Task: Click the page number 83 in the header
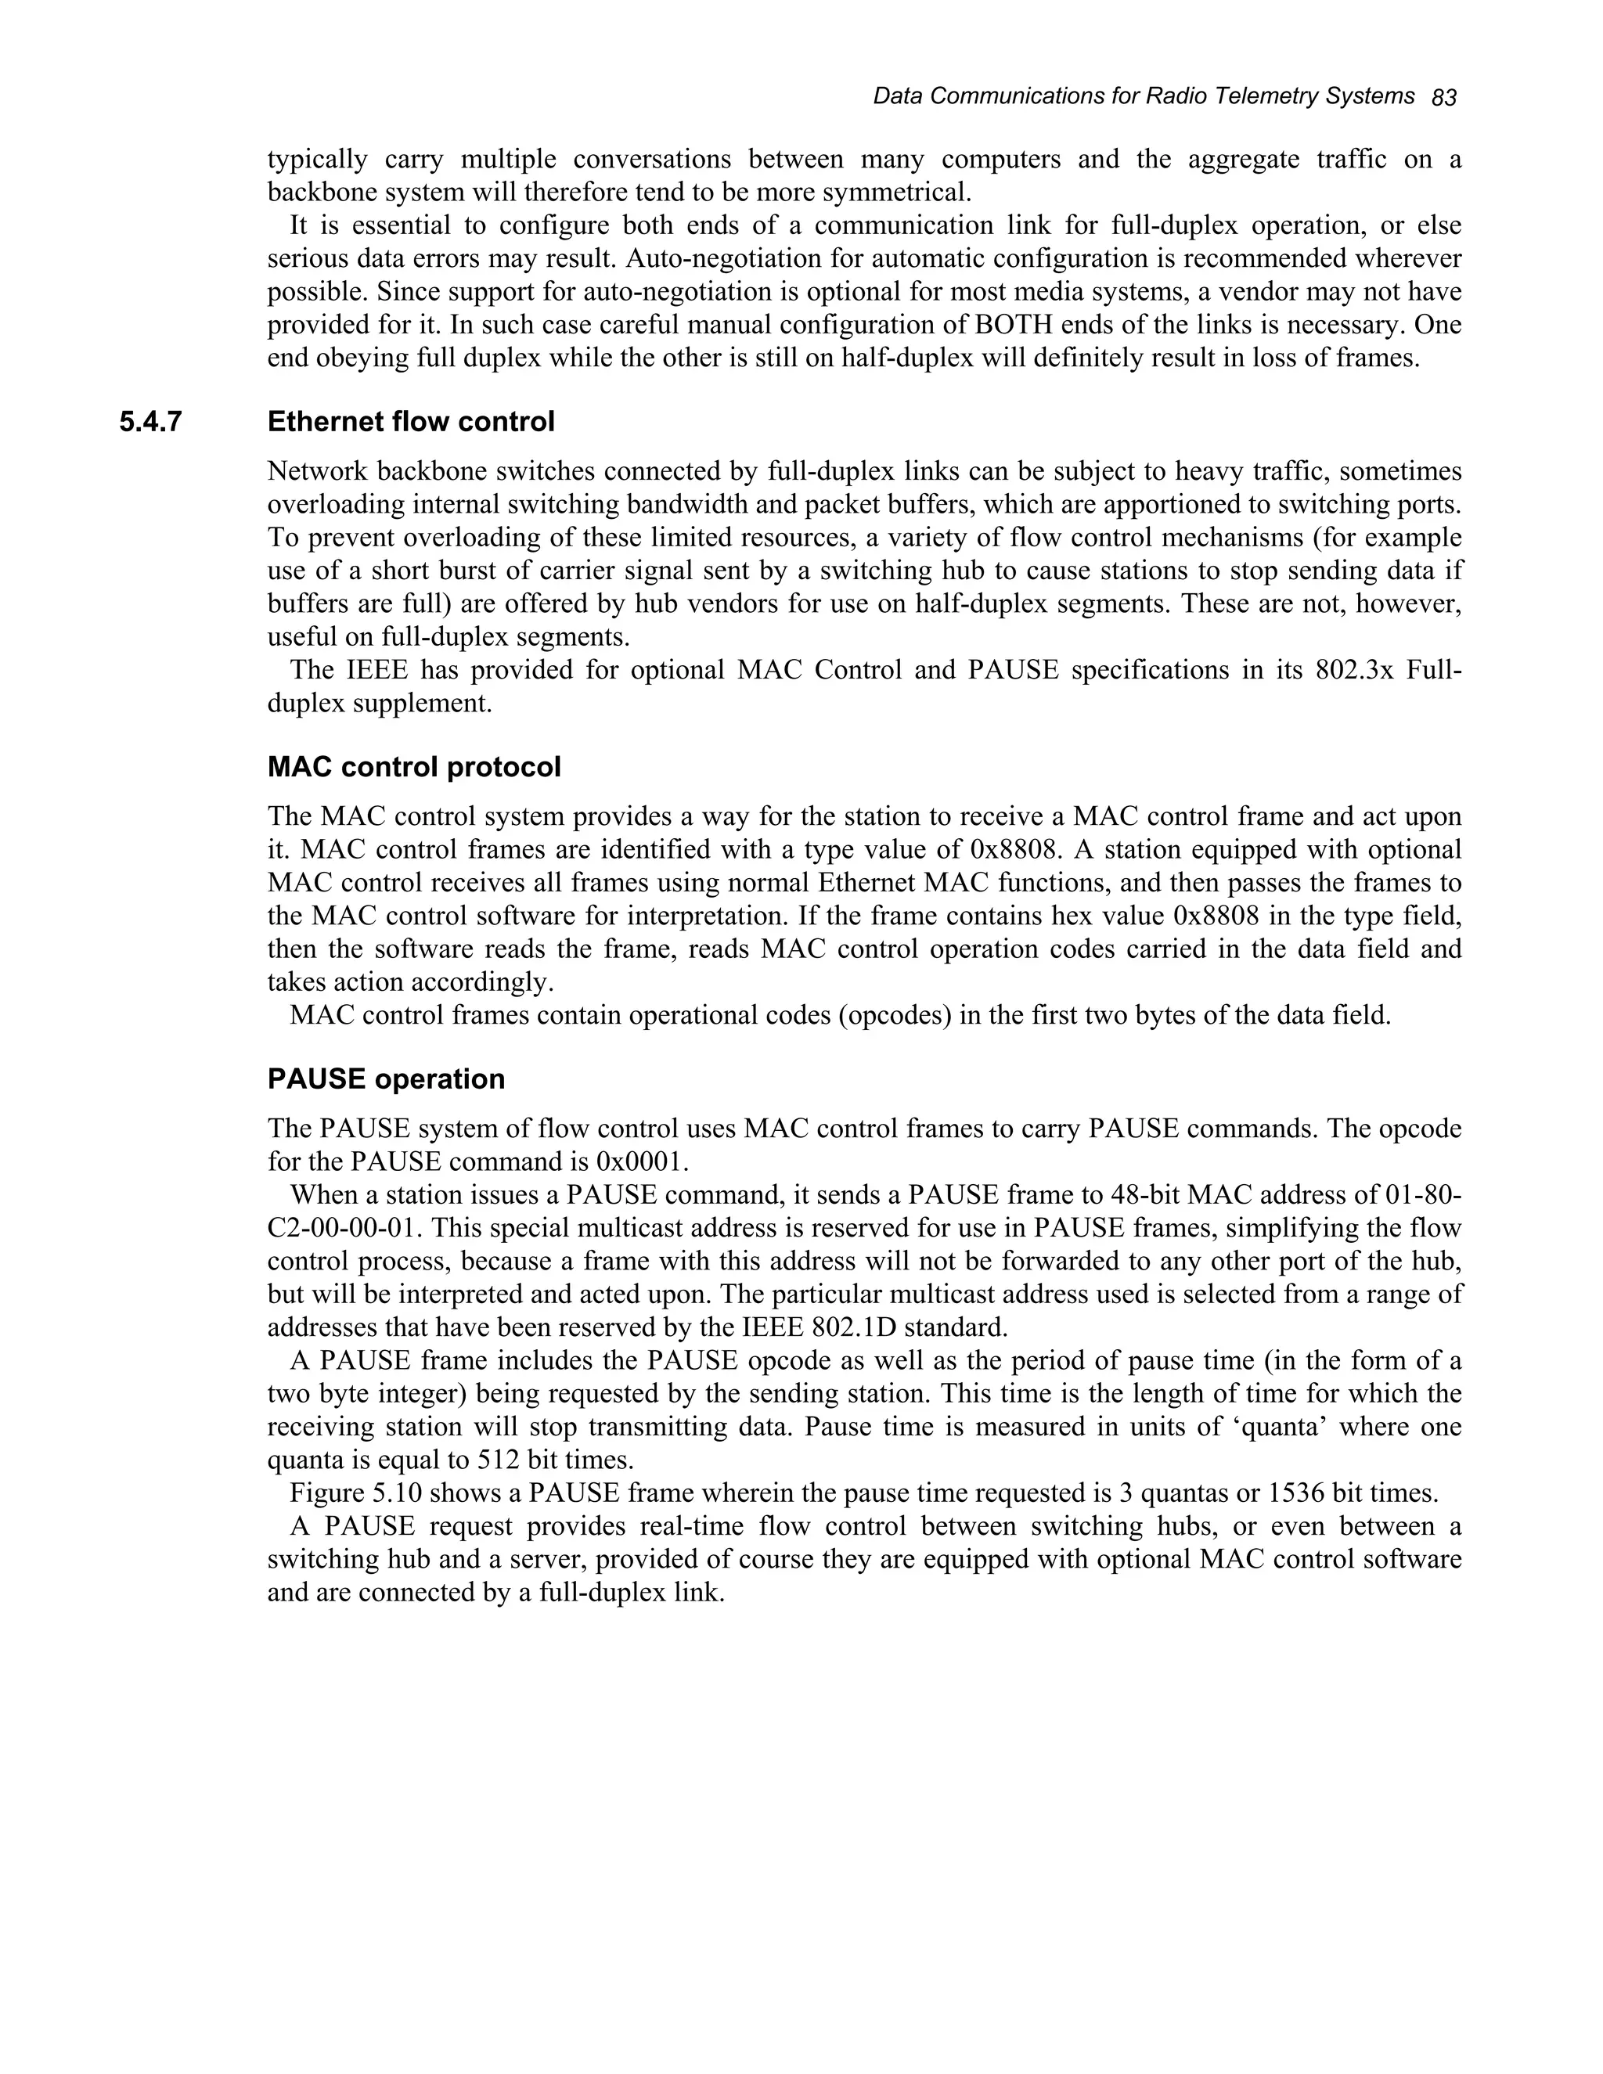1443,98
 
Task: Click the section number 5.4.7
150,422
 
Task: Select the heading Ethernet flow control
410,422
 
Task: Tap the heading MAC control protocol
414,766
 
